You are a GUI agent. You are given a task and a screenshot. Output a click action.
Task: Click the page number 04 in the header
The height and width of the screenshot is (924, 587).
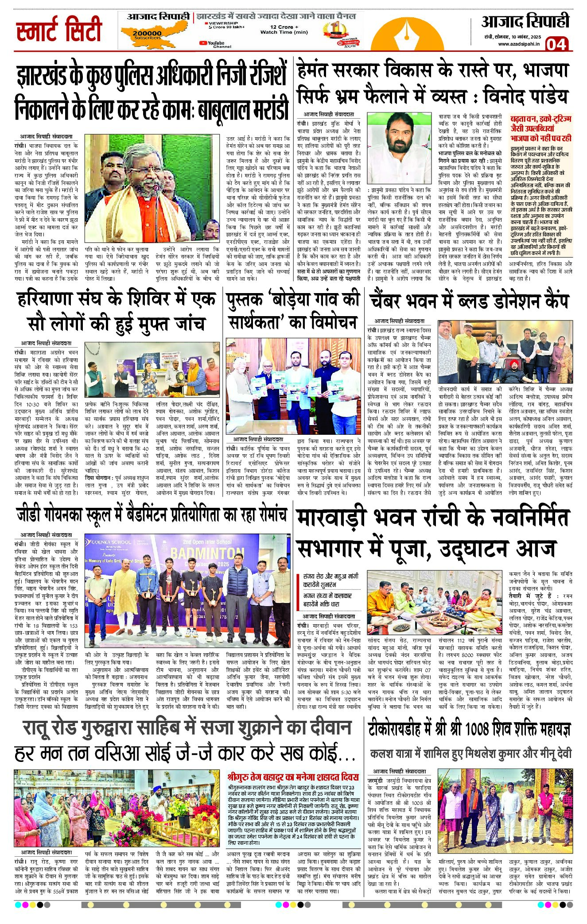556,44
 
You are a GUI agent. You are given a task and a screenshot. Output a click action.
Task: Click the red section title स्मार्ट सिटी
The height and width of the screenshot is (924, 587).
59,30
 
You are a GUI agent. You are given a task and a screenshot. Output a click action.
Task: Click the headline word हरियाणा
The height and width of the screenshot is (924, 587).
48,299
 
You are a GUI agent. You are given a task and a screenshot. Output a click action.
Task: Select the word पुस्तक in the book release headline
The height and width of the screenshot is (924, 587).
244,300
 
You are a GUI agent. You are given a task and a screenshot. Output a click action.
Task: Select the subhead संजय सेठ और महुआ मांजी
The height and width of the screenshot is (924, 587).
330,576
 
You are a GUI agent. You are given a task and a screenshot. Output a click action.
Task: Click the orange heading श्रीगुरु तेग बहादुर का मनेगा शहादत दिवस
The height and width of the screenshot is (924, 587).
293,777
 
